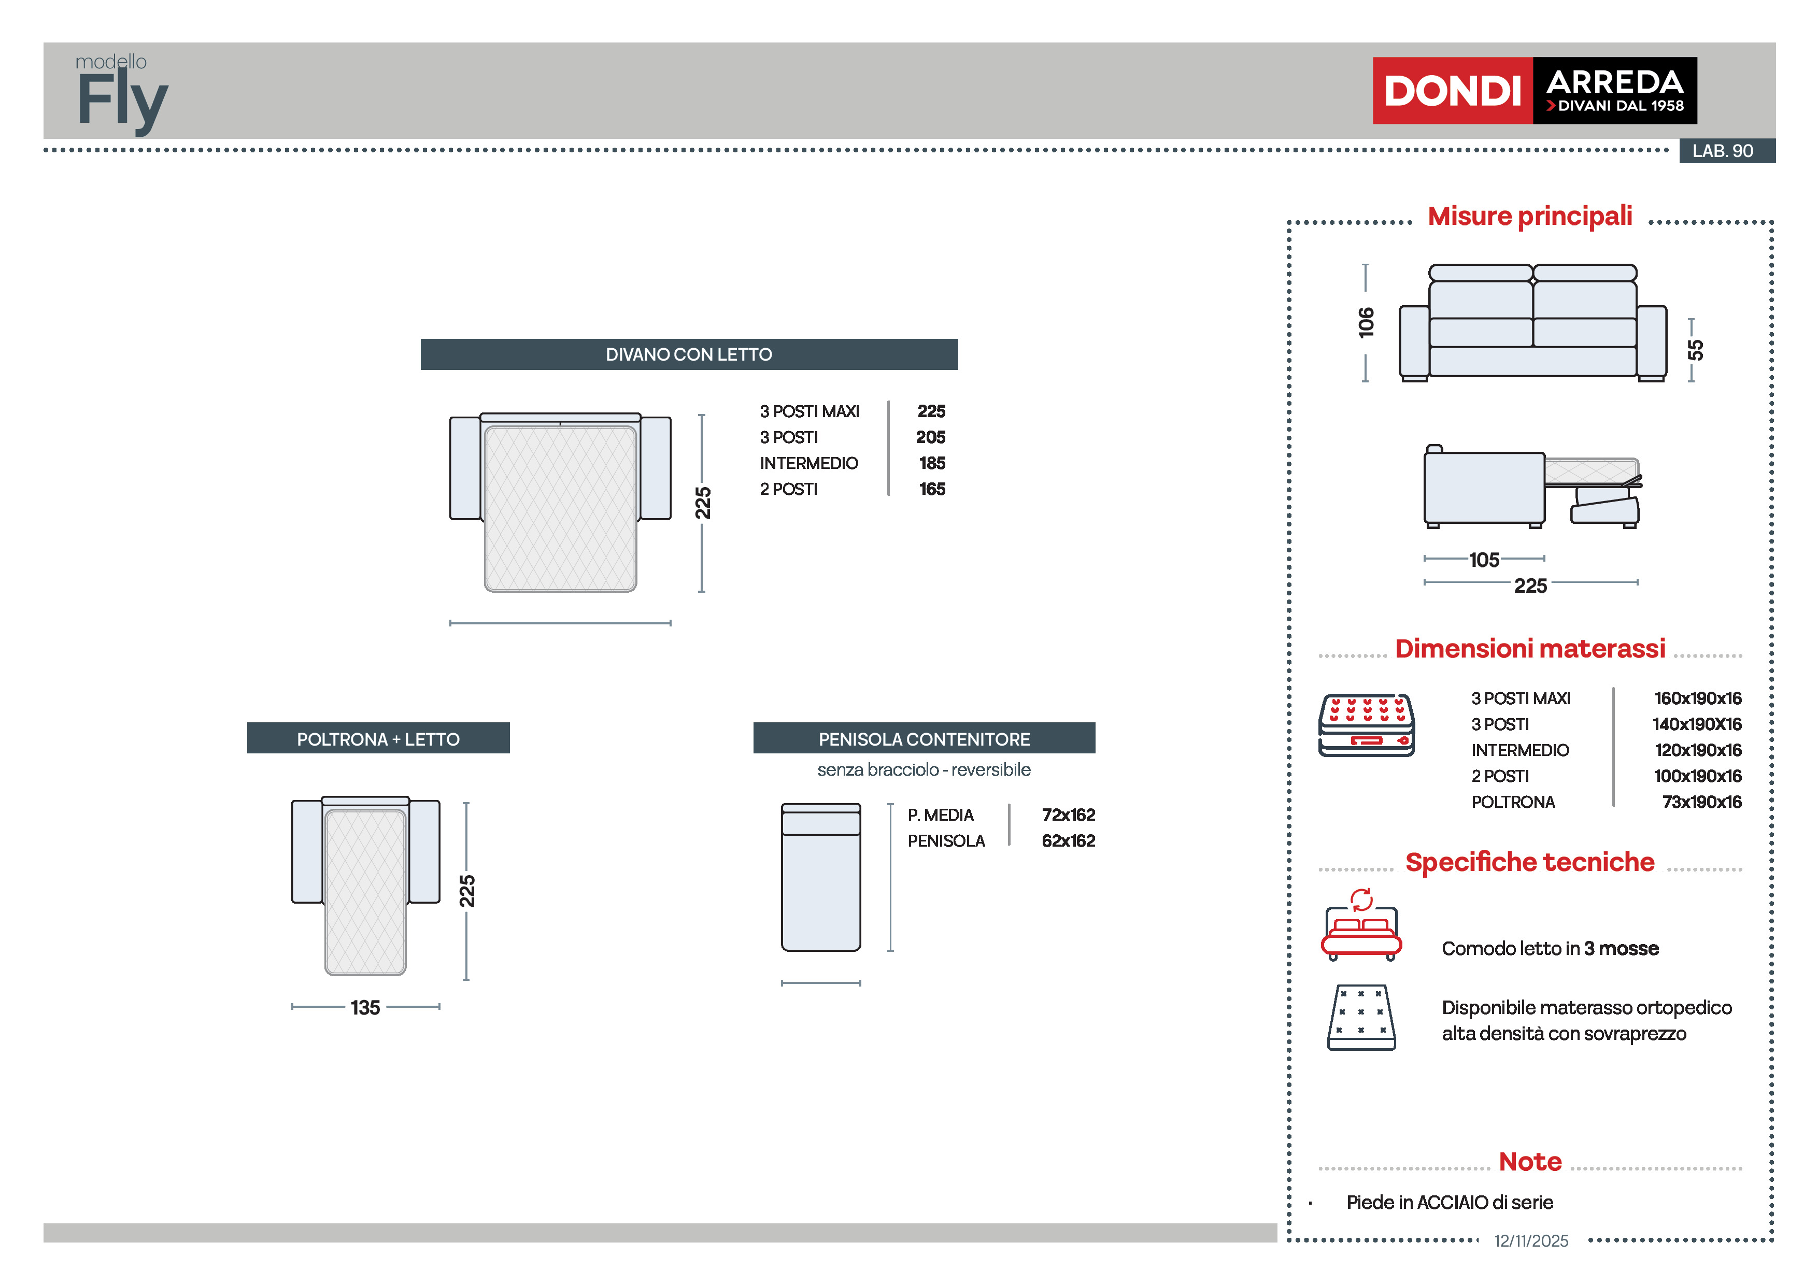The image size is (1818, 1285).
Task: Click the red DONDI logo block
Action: pyautogui.click(x=1452, y=90)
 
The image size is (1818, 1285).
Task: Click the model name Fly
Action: pyautogui.click(x=123, y=100)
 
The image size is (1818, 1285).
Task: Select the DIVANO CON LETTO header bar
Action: pyautogui.click(x=688, y=354)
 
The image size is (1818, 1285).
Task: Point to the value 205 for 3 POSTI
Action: pyautogui.click(x=930, y=437)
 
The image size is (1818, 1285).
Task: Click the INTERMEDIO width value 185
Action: pyautogui.click(x=932, y=463)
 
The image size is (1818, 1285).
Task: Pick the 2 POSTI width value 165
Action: pyautogui.click(x=932, y=489)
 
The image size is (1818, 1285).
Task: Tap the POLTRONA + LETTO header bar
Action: pyautogui.click(x=378, y=739)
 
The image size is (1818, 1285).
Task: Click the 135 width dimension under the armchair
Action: pyautogui.click(x=365, y=1007)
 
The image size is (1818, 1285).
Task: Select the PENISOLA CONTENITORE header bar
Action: pyautogui.click(x=924, y=739)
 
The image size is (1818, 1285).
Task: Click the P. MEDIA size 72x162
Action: pyautogui.click(x=1068, y=815)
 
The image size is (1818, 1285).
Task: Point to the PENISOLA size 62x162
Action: pyautogui.click(x=1068, y=841)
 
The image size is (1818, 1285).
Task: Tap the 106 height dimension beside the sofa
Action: pyautogui.click(x=1366, y=322)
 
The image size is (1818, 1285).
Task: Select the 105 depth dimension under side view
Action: pyautogui.click(x=1484, y=560)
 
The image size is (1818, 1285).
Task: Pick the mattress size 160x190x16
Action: pyautogui.click(x=1697, y=698)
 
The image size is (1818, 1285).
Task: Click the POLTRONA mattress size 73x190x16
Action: pyautogui.click(x=1701, y=802)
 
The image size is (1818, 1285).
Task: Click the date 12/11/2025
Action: pyautogui.click(x=1530, y=1240)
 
